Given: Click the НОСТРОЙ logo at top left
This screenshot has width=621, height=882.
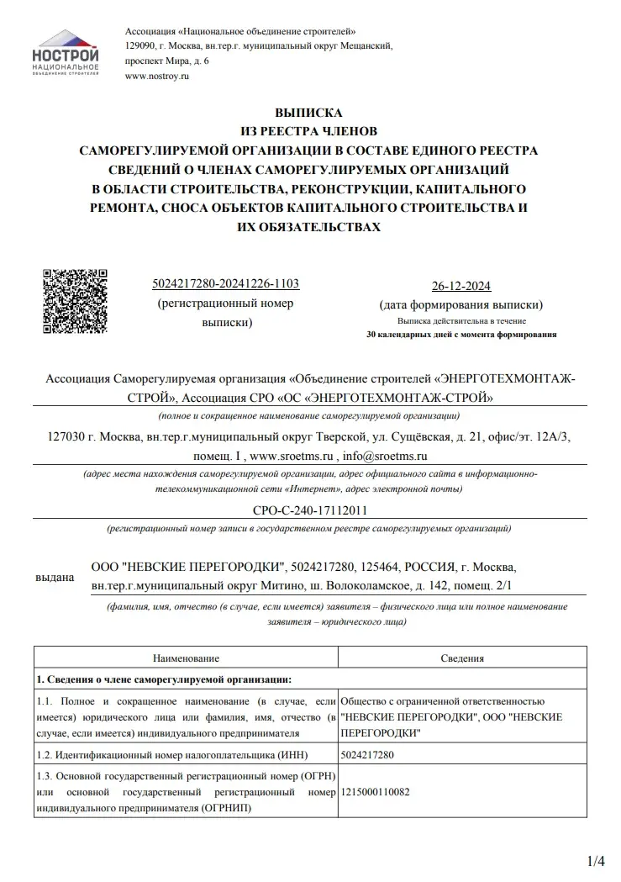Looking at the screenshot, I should [x=65, y=52].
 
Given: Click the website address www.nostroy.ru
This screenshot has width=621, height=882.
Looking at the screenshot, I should [x=157, y=77].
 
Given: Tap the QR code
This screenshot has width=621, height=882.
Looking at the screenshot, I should [x=75, y=301].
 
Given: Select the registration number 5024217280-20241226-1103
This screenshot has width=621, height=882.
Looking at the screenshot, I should [x=227, y=284].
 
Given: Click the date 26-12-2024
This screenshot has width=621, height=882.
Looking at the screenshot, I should [x=460, y=285].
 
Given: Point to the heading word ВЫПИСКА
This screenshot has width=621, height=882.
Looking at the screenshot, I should [x=309, y=112].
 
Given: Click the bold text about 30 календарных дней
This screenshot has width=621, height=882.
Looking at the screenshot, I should [x=461, y=335].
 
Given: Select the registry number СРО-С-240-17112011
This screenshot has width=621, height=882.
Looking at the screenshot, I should [x=309, y=510].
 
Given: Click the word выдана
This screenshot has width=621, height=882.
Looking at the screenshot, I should [x=55, y=578].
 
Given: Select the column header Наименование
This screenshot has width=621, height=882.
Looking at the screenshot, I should [x=186, y=658].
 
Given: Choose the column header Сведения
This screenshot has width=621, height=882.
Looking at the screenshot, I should [x=461, y=658].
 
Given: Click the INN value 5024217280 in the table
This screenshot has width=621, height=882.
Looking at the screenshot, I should [x=368, y=755].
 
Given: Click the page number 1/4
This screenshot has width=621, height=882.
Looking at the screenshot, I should [x=595, y=860].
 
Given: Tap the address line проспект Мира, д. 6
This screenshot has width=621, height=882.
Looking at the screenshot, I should [x=167, y=61].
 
